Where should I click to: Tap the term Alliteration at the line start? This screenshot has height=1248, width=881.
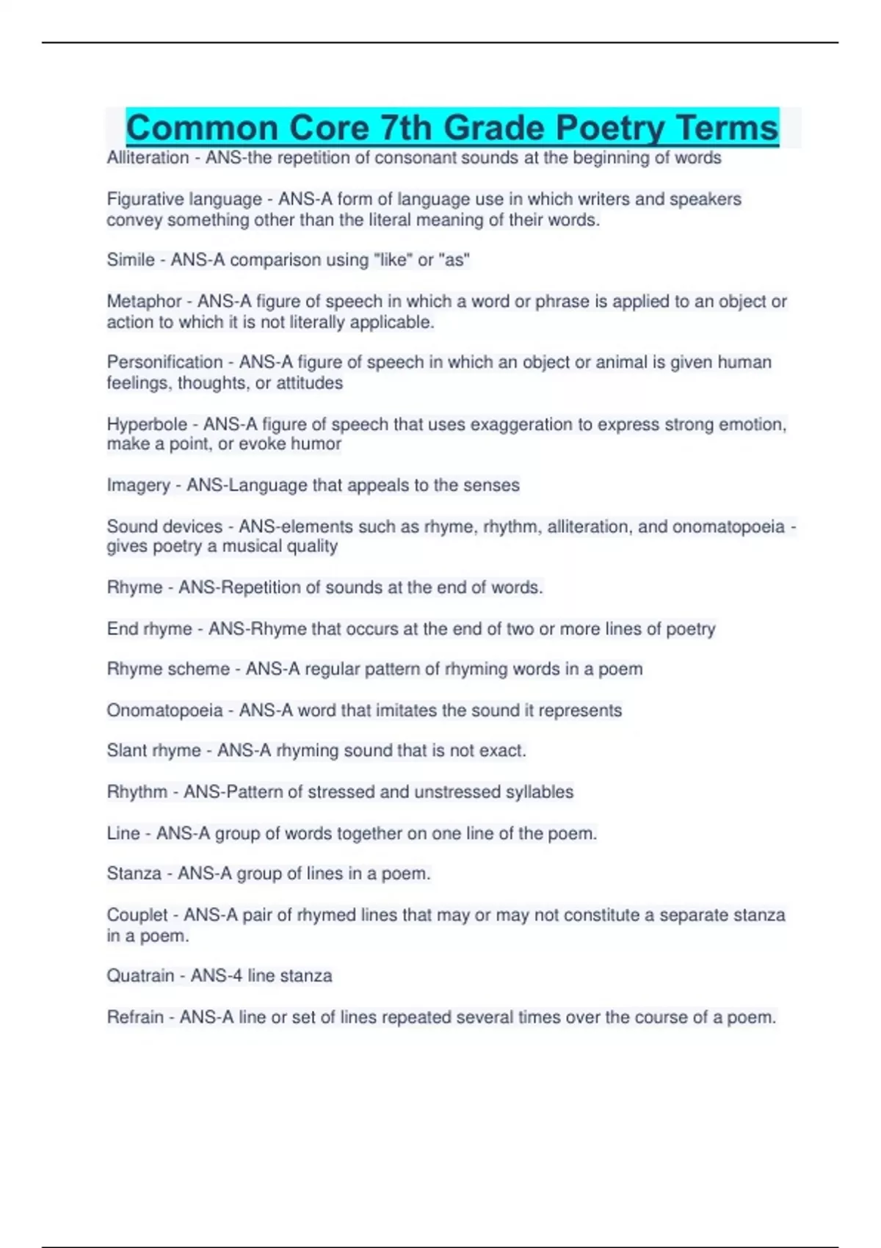point(148,158)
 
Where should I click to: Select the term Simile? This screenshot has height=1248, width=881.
point(131,260)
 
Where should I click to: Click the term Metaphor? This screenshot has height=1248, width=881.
point(144,301)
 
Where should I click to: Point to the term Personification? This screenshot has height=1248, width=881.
point(164,362)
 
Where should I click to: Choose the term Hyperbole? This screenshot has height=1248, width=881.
point(147,424)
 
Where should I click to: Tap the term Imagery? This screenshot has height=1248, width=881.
point(138,485)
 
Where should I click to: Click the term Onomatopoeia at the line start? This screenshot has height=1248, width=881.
point(164,710)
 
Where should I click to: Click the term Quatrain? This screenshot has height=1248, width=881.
point(140,976)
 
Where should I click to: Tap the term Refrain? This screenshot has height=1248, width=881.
point(135,1017)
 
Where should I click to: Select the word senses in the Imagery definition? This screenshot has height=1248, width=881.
point(494,485)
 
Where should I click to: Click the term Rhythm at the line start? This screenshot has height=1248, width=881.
point(137,792)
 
